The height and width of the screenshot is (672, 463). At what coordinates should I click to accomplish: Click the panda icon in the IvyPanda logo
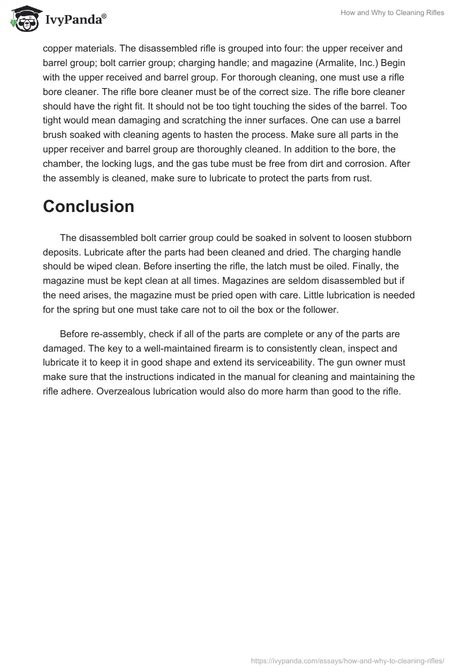click(23, 18)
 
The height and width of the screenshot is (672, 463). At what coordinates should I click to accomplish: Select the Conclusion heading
click(89, 206)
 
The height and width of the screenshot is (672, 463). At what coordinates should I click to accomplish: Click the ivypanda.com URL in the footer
click(347, 660)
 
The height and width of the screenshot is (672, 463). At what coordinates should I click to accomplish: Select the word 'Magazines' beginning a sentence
click(244, 281)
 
